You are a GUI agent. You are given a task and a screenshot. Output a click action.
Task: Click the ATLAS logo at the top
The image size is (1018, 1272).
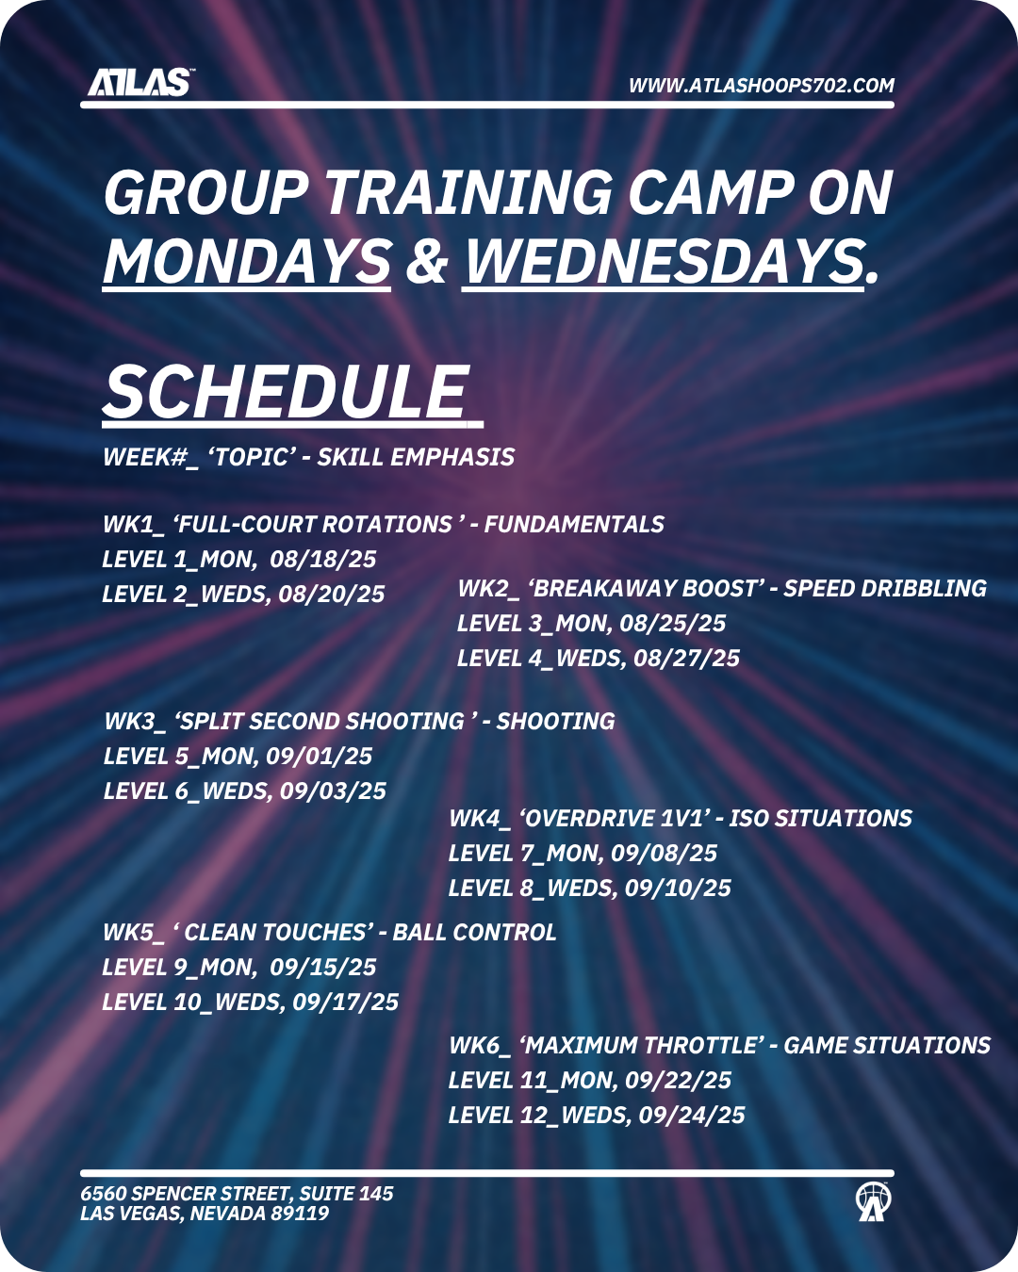[140, 82]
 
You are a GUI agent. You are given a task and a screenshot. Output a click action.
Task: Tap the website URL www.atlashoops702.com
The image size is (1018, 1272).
[762, 86]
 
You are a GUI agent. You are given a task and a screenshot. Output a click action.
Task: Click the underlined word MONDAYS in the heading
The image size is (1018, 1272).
[247, 261]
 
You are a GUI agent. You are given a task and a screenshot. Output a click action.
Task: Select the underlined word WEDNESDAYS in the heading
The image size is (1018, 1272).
[663, 261]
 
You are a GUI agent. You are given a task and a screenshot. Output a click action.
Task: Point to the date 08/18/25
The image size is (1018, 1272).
[323, 559]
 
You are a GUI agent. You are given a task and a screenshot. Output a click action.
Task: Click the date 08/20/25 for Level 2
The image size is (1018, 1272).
[331, 594]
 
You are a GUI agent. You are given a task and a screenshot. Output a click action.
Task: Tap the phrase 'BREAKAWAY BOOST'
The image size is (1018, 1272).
[643, 588]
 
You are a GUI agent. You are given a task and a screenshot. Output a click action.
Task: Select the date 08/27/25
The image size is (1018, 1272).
[687, 659]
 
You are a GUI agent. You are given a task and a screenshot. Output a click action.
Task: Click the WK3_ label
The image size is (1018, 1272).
[136, 722]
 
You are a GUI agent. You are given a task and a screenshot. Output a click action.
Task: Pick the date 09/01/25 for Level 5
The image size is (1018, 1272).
[319, 757]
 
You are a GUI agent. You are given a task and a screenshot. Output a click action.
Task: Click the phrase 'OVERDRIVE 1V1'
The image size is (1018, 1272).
[614, 819]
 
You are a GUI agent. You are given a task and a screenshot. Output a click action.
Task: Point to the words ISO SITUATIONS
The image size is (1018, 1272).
[820, 819]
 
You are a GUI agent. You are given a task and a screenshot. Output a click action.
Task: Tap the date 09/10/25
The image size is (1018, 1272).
[678, 889]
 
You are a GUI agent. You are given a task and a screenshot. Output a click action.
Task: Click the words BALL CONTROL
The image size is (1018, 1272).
[474, 933]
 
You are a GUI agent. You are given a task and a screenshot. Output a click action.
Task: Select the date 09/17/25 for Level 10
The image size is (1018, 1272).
[345, 1003]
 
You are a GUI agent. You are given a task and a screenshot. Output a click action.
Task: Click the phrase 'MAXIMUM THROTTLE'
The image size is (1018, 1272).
[642, 1046]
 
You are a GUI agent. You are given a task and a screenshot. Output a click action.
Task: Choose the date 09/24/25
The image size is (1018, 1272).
[692, 1116]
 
